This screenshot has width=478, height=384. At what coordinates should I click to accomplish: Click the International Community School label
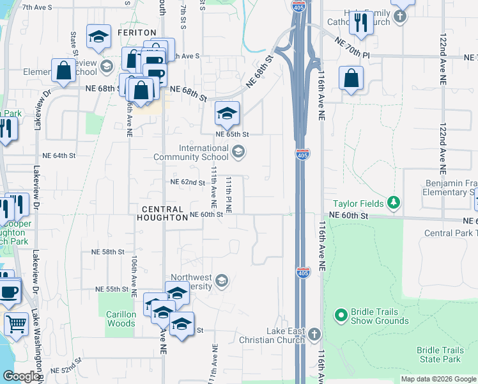tap(203, 152)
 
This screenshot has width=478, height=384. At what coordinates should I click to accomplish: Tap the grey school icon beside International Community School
tap(238, 152)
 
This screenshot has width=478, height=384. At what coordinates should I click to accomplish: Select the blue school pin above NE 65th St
tap(227, 114)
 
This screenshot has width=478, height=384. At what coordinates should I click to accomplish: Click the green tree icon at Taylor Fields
tap(394, 204)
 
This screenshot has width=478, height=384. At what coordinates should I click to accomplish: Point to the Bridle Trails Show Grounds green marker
tap(341, 316)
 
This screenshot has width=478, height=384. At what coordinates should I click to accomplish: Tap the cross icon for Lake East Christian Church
tap(314, 335)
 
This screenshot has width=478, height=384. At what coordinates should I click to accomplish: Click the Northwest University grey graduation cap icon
tap(221, 280)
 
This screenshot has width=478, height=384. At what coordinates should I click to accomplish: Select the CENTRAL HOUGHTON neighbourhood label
tap(164, 213)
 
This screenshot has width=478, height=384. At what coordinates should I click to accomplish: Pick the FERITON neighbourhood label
tap(137, 32)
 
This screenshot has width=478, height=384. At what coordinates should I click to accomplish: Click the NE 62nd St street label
tap(187, 182)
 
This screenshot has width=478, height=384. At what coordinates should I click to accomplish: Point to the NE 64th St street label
tap(59, 156)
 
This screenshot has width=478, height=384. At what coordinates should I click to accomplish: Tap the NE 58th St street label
tap(107, 252)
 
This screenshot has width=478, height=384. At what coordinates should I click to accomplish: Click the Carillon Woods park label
tap(121, 319)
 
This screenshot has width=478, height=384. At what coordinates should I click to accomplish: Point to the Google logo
tap(21, 376)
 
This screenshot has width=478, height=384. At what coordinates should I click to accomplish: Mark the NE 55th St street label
tap(112, 289)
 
